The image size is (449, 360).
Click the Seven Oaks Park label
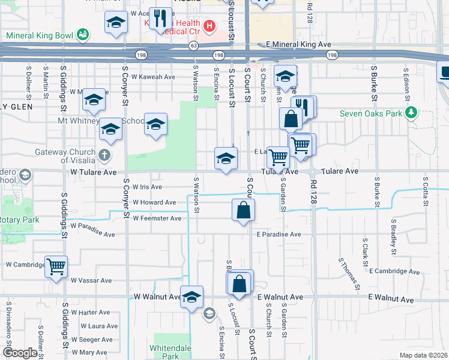[370, 113]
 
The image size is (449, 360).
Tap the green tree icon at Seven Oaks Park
[411, 113]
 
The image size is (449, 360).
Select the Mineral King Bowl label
[39, 35]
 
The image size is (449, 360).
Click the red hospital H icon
[209, 26]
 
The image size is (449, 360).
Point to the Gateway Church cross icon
[104, 155]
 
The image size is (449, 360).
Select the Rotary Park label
[19, 220]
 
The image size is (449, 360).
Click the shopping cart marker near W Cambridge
[56, 266]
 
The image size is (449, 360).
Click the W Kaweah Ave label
[153, 77]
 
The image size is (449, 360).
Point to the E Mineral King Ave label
[298, 44]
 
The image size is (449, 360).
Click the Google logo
[20, 353]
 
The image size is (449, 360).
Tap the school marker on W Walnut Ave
[192, 297]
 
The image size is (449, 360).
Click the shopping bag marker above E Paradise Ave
[243, 211]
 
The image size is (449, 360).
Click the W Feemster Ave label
[157, 218]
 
